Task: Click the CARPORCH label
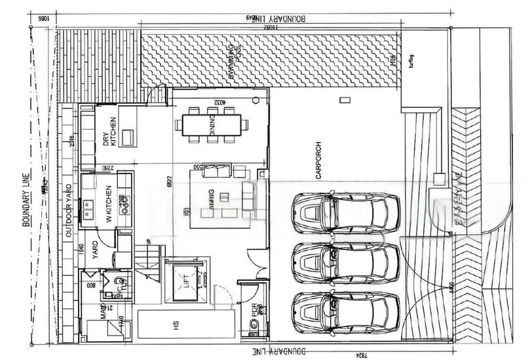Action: coord(318,161)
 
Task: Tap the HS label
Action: coord(176,323)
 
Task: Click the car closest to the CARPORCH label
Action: coord(346,213)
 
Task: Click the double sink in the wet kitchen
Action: coord(86,209)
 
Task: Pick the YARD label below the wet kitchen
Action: coord(95,255)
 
